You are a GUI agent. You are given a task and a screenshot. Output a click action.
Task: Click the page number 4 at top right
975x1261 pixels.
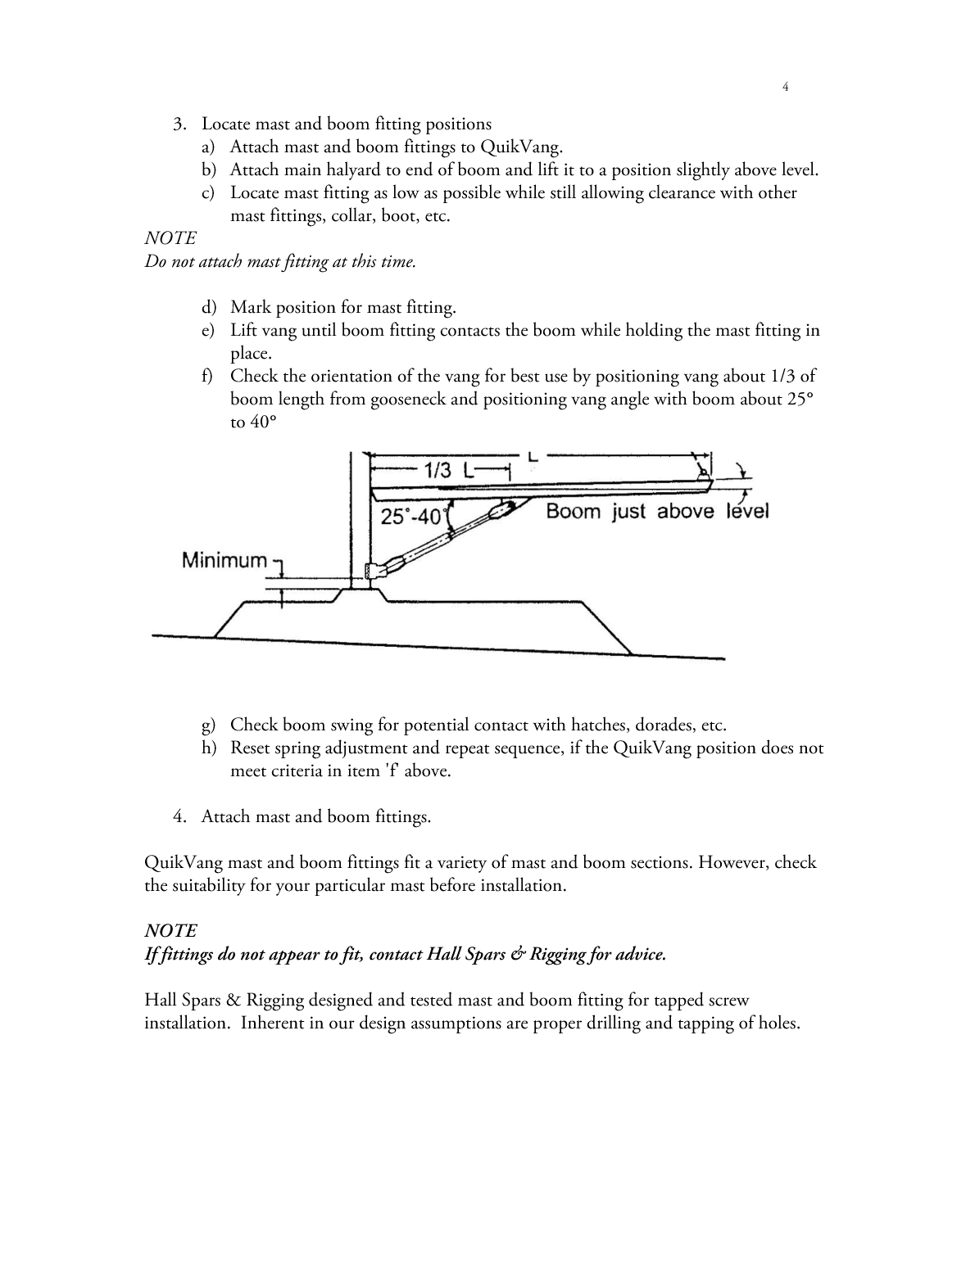pyautogui.click(x=786, y=87)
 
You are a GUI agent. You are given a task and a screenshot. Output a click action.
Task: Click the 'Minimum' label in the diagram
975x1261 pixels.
pyautogui.click(x=224, y=561)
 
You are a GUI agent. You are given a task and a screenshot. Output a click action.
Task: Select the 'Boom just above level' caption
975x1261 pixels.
pyautogui.click(x=657, y=512)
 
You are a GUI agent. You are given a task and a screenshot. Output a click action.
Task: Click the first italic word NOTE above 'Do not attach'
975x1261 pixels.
pyautogui.click(x=170, y=238)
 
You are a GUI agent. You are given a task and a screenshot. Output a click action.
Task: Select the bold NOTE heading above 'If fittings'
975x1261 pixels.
pyautogui.click(x=170, y=931)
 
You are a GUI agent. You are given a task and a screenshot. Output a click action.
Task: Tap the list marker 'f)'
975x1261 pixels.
pyautogui.click(x=208, y=377)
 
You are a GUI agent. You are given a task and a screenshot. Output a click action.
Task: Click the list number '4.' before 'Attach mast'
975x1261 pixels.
pyautogui.click(x=181, y=816)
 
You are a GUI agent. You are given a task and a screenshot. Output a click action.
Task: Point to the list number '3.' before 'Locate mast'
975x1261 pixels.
pyautogui.click(x=181, y=124)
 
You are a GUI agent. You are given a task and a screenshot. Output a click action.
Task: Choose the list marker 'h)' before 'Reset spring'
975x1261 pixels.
pyautogui.click(x=209, y=748)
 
